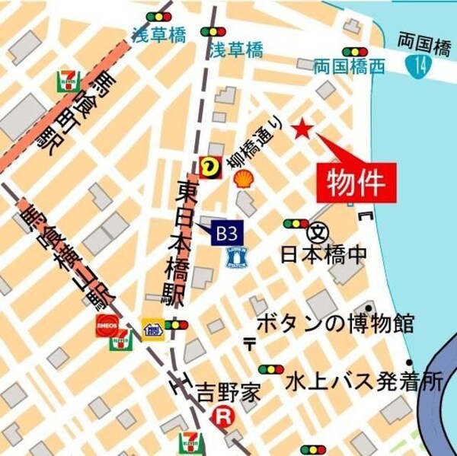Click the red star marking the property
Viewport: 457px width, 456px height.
coord(302,129)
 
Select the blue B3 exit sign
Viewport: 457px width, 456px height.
coord(224,230)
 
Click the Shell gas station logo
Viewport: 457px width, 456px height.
coord(244,179)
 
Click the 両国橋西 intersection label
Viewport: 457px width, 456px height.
coord(350,67)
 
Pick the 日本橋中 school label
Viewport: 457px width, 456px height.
coord(324,254)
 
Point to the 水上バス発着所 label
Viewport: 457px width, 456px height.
coord(364,382)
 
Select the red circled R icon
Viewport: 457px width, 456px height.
coord(222,416)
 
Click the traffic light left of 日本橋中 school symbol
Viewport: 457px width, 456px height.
coord(295,224)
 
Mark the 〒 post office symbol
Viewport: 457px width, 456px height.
coord(250,344)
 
